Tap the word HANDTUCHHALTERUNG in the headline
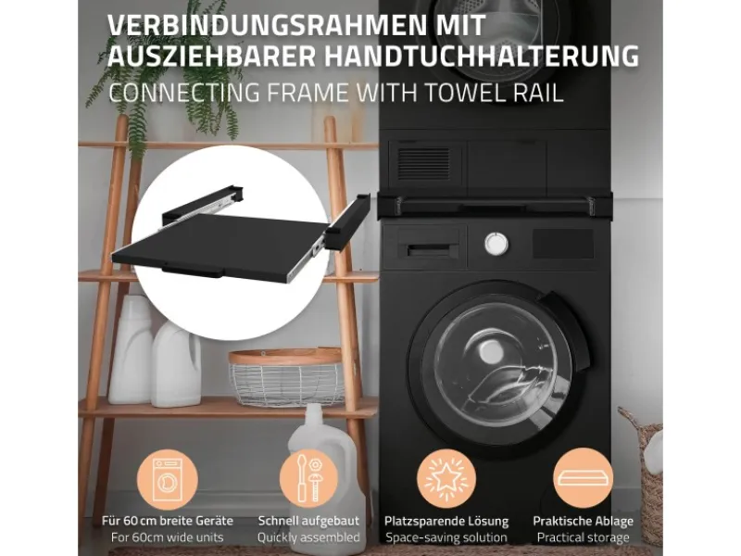482,57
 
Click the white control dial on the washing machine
496,244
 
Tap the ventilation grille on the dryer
422,162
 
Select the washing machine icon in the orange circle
168,480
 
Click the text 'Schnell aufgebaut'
308,521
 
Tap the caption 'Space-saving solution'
446,537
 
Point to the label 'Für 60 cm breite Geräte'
168,521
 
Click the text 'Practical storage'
584,537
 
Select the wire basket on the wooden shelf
287,378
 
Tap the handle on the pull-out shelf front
192,272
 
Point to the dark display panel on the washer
563,244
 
